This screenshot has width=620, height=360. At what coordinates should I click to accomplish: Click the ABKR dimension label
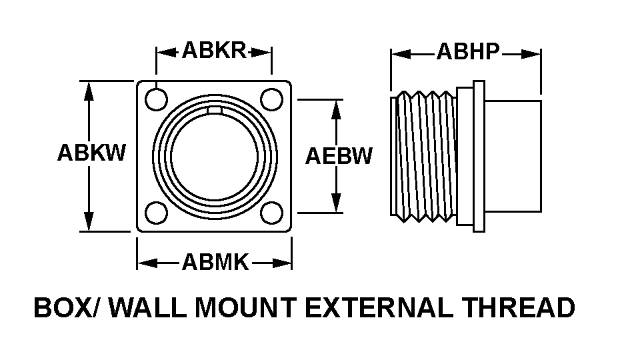click(214, 51)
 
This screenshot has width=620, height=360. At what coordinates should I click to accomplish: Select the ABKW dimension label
click(91, 152)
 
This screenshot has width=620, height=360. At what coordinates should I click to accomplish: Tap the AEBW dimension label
click(339, 156)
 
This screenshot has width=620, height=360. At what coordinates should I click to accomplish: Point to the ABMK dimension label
click(215, 262)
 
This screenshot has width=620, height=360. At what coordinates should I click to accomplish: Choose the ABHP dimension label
click(468, 51)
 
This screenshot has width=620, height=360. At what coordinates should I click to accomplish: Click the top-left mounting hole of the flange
click(156, 99)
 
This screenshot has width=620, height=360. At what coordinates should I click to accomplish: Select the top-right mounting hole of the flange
click(271, 99)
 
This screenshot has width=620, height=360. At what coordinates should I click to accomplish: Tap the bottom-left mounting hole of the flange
click(156, 213)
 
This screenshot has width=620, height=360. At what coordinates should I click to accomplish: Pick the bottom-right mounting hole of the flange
click(271, 213)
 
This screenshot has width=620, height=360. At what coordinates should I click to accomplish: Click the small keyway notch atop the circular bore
click(215, 111)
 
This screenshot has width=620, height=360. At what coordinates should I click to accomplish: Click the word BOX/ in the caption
click(65, 308)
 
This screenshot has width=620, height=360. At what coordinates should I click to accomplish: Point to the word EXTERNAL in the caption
click(379, 308)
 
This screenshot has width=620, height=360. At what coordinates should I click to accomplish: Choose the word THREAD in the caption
click(519, 308)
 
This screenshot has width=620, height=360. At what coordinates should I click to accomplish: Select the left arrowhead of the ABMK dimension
click(147, 263)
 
